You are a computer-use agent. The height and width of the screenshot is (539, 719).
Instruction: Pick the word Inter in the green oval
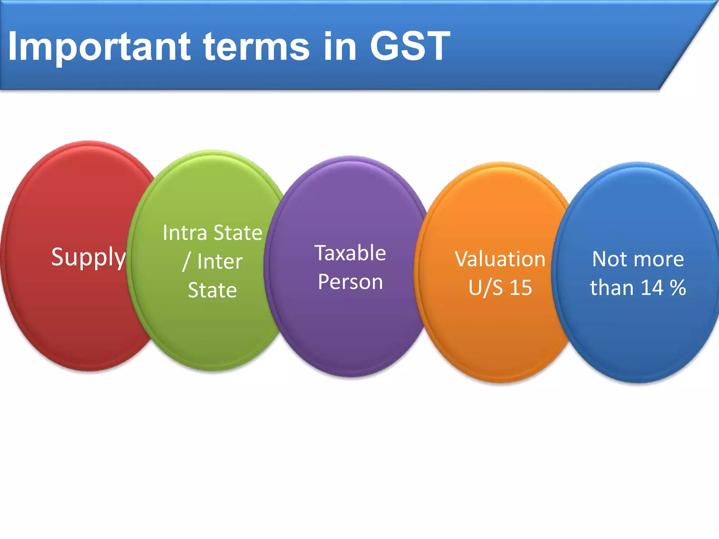[x=220, y=262]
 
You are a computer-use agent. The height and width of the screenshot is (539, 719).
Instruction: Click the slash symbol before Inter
[x=186, y=262]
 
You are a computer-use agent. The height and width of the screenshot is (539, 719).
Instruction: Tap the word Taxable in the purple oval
[x=350, y=253]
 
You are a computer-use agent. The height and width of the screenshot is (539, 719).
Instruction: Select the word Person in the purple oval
[x=350, y=282]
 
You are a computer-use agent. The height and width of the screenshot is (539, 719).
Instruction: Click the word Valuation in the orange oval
[x=500, y=259]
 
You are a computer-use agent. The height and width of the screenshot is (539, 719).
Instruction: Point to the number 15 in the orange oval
[x=521, y=288]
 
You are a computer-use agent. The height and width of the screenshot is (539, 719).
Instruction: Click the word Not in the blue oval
[x=605, y=259]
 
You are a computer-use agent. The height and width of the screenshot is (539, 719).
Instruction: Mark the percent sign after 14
[x=678, y=288]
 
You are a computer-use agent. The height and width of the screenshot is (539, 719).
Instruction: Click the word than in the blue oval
[x=612, y=288]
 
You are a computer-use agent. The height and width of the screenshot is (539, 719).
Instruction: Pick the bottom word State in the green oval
[x=212, y=291]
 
